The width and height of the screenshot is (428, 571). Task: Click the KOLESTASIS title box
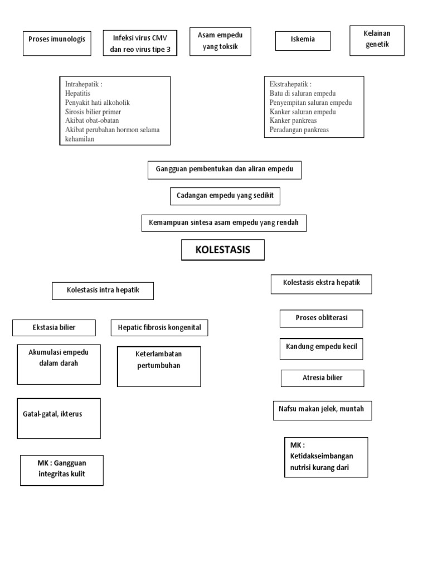223,250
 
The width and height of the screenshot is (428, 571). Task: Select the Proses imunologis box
57,43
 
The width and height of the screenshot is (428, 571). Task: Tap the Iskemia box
303,41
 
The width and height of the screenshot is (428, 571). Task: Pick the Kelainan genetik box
377,40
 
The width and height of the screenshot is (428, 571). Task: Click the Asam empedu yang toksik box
220,41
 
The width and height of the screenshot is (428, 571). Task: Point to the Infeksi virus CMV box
140,43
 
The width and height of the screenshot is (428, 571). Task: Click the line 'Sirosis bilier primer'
93,112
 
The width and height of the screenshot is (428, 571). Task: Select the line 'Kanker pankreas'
293,120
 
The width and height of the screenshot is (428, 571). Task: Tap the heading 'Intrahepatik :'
84,84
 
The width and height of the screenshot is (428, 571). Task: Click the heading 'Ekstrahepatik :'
290,84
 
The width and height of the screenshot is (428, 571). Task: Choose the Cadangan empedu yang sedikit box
225,196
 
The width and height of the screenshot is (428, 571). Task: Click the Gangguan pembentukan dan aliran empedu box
225,170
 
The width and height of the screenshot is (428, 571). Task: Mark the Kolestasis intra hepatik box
103,291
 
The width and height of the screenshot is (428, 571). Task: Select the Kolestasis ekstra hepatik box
322,284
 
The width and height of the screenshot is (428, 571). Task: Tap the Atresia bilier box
323,379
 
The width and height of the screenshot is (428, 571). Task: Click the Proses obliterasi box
322,318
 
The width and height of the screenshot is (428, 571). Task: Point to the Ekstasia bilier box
54,328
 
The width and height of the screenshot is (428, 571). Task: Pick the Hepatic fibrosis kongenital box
159,328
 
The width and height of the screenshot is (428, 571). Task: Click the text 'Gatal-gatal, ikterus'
52,414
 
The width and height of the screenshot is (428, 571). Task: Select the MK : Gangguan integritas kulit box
62,471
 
